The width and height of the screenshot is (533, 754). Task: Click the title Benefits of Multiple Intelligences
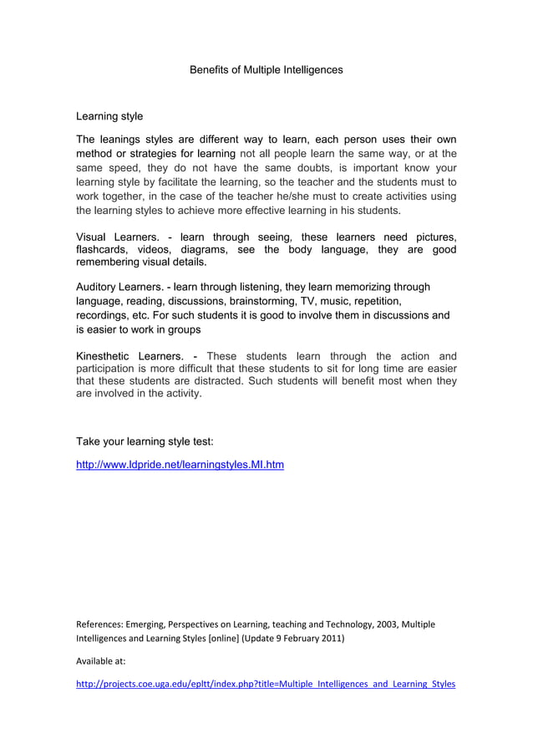click(266, 70)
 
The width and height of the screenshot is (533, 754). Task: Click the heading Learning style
click(109, 116)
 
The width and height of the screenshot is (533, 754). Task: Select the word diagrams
click(203, 250)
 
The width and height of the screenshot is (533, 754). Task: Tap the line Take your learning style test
click(150, 441)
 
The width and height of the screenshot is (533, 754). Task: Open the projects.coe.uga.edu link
click(266, 684)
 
